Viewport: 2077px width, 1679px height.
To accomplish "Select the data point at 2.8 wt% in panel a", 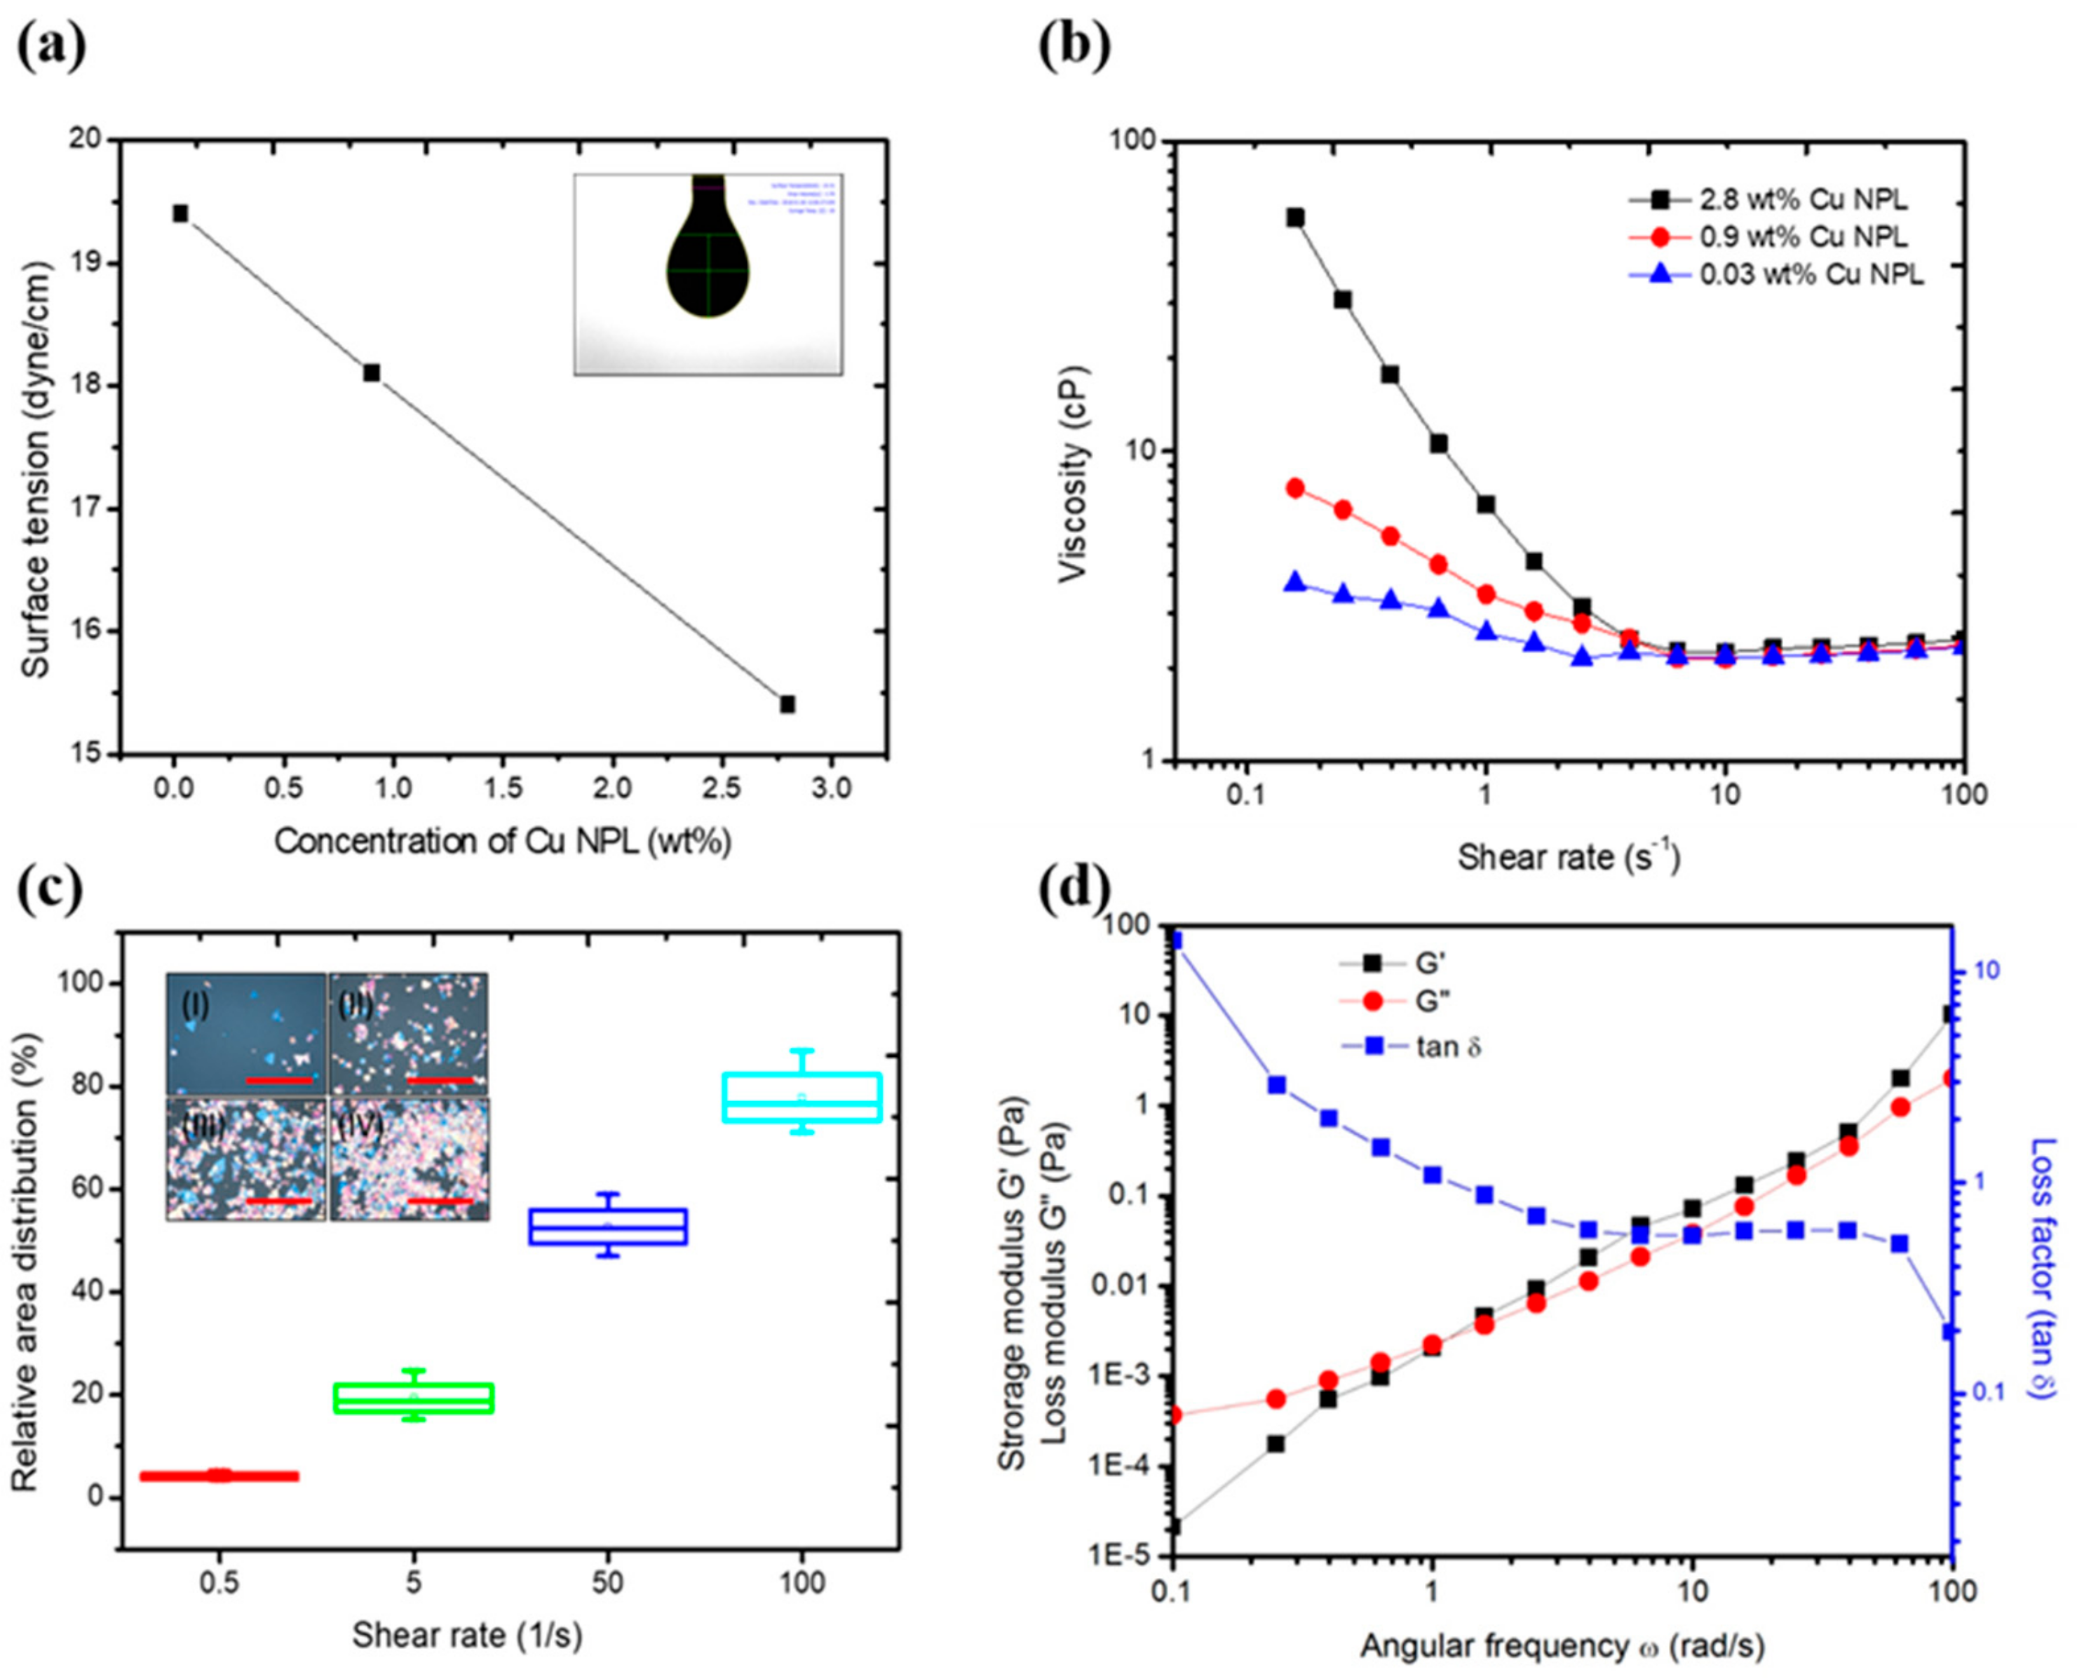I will click(787, 704).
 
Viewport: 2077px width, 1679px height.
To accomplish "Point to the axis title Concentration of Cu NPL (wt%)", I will click(503, 842).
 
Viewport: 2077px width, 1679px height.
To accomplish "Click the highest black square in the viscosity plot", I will click(1294, 217).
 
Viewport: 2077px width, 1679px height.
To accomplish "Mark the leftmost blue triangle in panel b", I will click(1294, 582).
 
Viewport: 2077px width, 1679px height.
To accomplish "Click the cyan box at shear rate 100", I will click(801, 1098).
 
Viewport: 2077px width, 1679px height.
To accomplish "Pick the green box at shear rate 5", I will click(414, 1398).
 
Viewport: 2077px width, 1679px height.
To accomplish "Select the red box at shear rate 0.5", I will click(220, 1476).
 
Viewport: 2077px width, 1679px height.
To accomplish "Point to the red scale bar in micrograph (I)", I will click(280, 1079).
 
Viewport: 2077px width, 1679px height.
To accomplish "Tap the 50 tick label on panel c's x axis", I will click(607, 1583).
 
